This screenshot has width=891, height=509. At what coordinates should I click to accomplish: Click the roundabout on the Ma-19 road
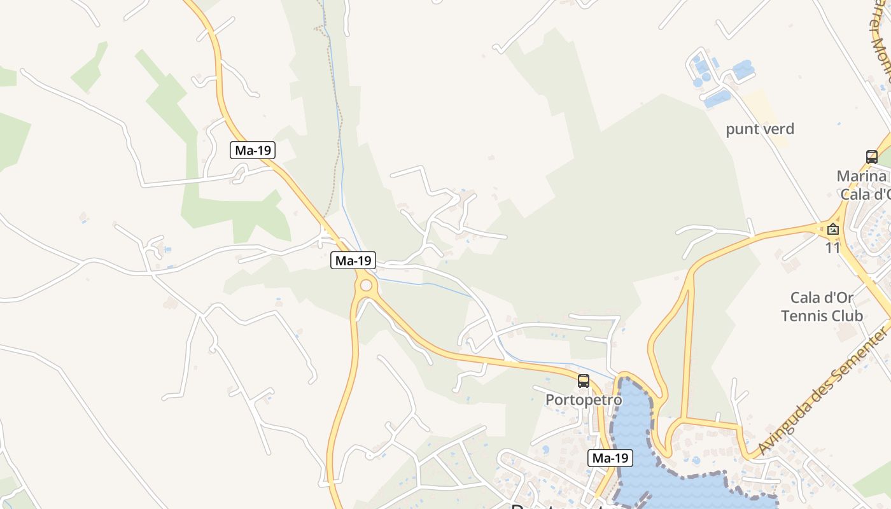coord(366,285)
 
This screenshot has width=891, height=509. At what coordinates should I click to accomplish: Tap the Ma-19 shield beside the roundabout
coord(353,260)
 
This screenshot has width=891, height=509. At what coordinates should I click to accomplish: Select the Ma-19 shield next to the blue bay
coord(610,457)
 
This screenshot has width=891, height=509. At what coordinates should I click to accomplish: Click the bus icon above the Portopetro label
coord(584,381)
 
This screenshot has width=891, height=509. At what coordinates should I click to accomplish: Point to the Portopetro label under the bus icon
coord(584,400)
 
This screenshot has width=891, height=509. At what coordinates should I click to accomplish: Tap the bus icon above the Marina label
coord(872,157)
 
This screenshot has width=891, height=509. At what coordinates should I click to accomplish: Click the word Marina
coord(862,176)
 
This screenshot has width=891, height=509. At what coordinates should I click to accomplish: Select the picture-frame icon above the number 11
coord(833,229)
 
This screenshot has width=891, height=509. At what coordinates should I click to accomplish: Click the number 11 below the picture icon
coord(833,248)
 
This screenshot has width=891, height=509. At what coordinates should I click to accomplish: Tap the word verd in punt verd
coord(778,129)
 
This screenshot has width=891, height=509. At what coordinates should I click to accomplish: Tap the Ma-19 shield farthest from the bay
coord(253,150)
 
